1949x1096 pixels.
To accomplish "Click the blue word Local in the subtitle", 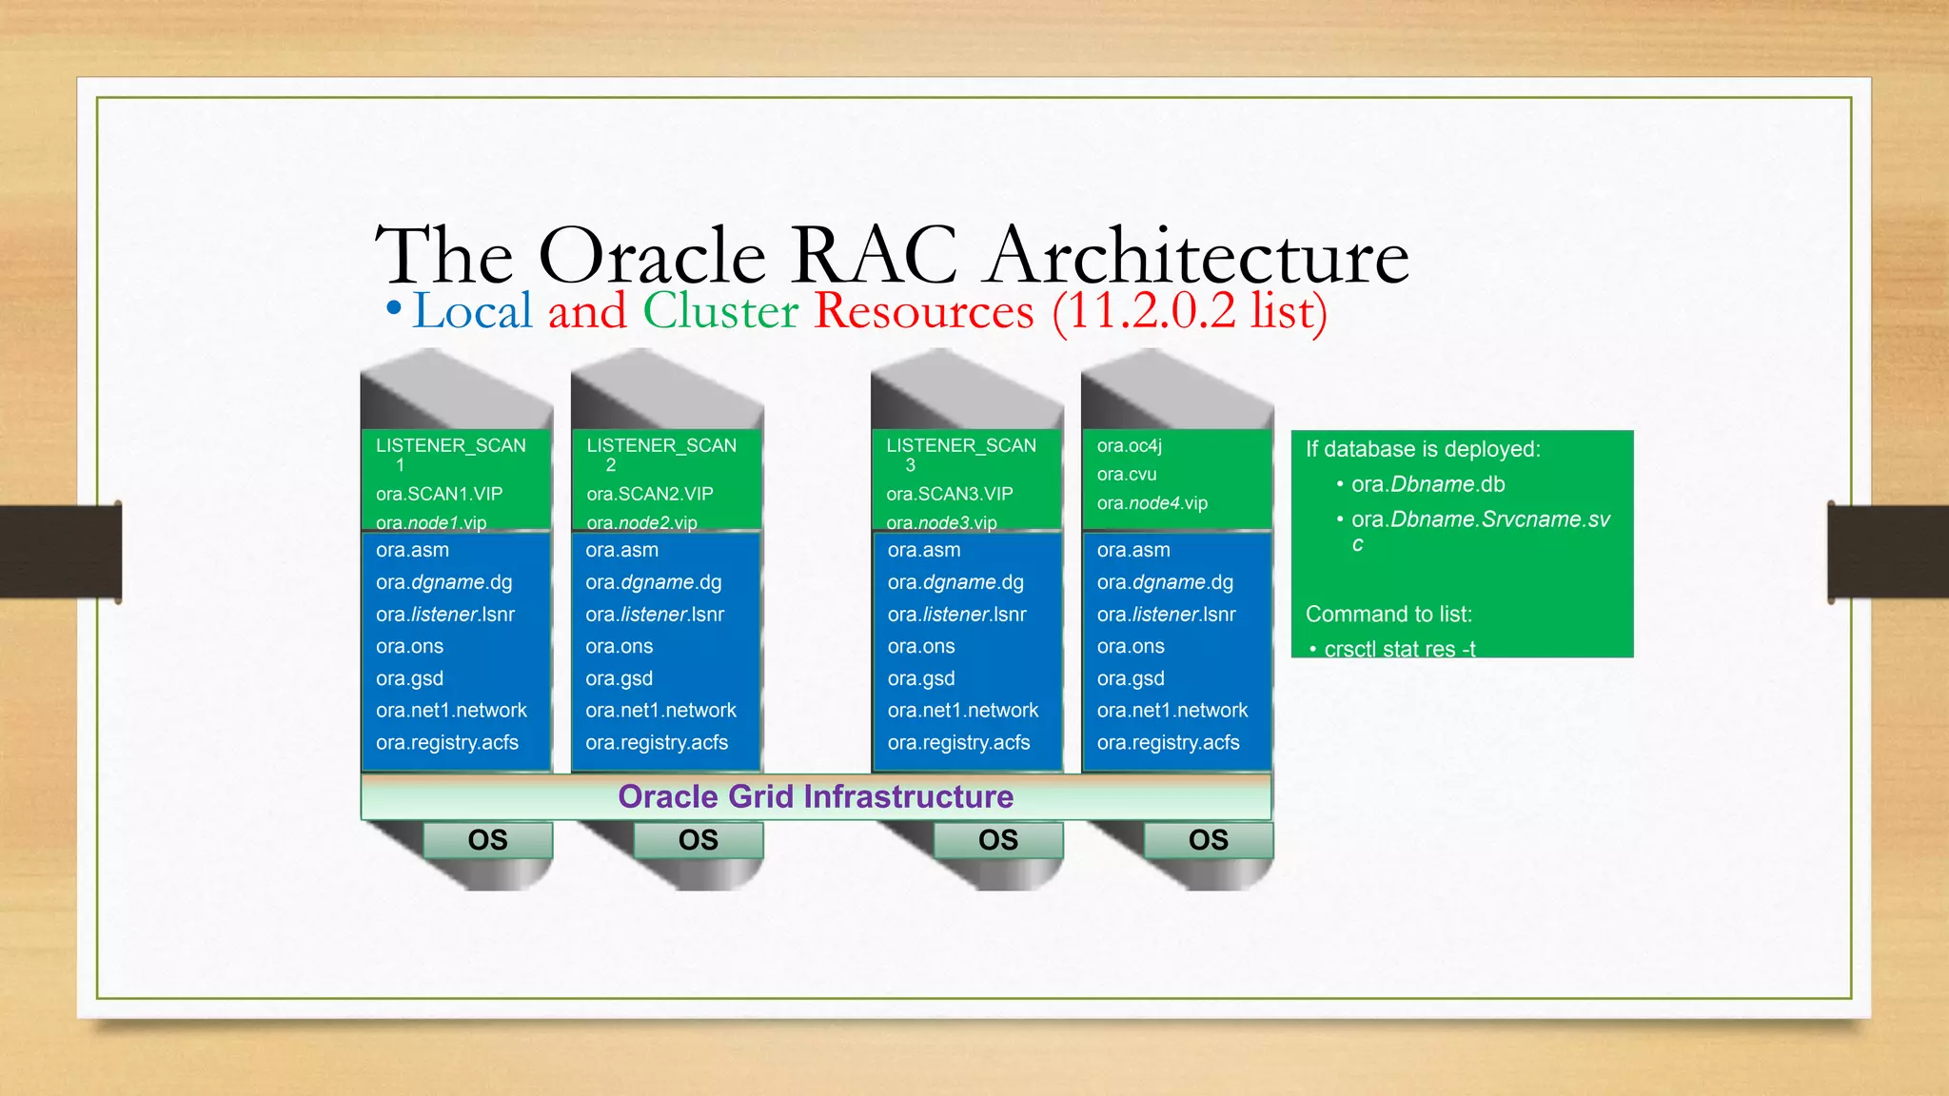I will pos(472,311).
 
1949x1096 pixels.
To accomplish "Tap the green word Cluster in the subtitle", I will pos(720,311).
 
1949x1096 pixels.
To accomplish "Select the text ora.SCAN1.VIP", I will pos(439,494).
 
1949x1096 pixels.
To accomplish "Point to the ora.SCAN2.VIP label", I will pos(649,494).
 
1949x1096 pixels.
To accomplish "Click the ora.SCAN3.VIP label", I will pos(949,494).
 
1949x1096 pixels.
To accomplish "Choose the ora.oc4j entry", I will pos(1129,445).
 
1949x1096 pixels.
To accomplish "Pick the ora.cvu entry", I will pos(1126,474).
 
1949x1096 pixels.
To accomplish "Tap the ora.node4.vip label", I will pos(1152,503).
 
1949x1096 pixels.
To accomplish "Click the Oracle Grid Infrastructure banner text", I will pos(816,796).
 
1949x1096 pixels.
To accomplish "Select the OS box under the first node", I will pos(487,840).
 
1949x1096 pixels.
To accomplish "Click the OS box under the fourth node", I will pos(1208,840).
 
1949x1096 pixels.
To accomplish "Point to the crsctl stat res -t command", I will pos(1399,649).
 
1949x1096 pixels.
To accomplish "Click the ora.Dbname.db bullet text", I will pos(1427,484).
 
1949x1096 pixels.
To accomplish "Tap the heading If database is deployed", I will pos(1422,449).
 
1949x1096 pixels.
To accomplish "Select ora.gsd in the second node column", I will pos(619,678).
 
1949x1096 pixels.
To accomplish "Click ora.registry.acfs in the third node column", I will pos(958,742).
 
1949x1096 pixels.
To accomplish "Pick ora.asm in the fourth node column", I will pos(1132,550).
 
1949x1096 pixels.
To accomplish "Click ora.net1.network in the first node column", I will pos(451,710).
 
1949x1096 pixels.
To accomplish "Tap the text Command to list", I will pos(1388,614).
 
